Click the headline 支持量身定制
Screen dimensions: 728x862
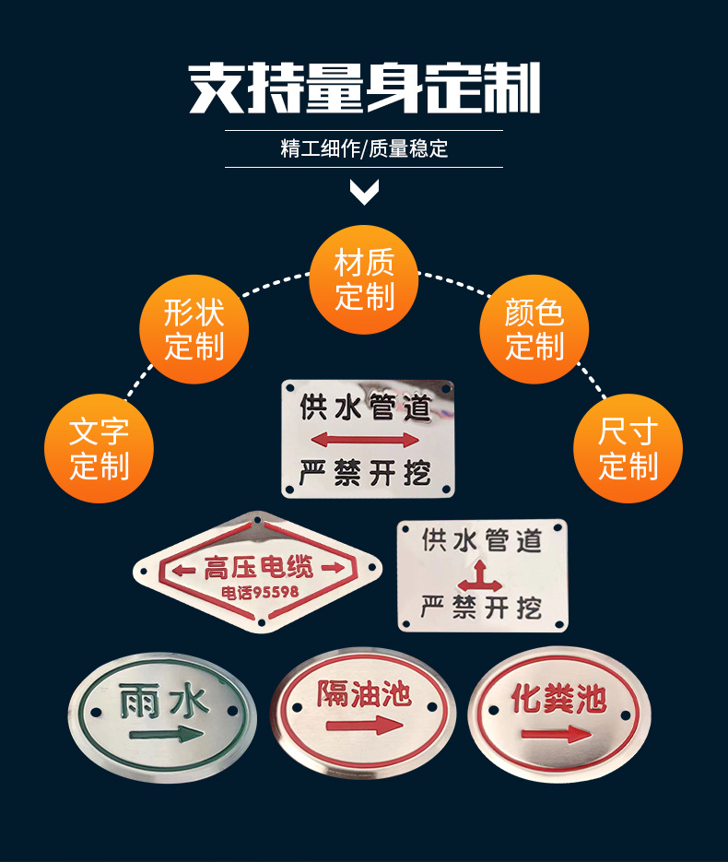(364, 89)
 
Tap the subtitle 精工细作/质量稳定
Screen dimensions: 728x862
(364, 149)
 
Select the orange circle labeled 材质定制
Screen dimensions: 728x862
(364, 279)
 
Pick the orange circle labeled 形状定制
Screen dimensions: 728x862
(194, 329)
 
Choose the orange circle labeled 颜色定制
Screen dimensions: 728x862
(534, 329)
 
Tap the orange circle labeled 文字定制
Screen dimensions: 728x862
(99, 448)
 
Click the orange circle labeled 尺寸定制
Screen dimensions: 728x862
(628, 448)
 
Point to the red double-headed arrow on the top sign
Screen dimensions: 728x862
(365, 439)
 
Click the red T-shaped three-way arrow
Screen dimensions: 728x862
(480, 577)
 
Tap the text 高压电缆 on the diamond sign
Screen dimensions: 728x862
(258, 568)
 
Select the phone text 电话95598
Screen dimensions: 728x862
(260, 592)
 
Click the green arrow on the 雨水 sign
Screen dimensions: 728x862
(167, 735)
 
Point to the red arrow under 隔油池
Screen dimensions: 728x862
(364, 726)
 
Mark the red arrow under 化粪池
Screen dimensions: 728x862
(556, 734)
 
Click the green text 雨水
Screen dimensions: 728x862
(164, 701)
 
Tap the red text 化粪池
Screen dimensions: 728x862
(558, 699)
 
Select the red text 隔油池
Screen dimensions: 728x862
(364, 694)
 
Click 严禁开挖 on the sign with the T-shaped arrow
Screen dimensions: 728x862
(481, 608)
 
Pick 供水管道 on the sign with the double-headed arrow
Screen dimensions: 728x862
(365, 407)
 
